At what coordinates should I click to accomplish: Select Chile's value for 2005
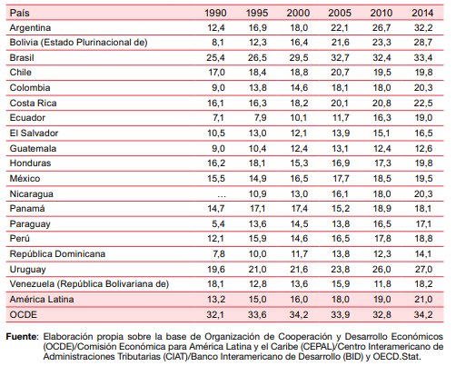point(340,72)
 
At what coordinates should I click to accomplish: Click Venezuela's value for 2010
point(382,283)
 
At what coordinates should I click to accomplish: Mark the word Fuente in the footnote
point(22,336)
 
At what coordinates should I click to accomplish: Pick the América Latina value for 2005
point(340,299)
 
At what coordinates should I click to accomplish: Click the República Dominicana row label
point(57,253)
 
